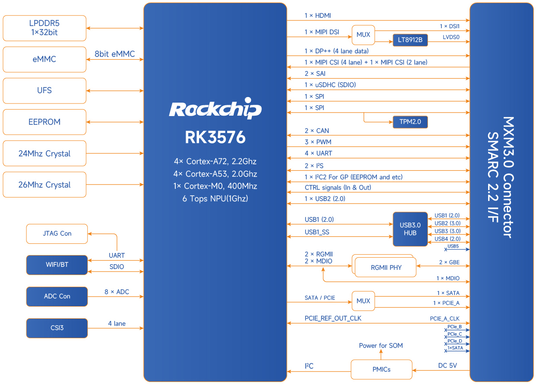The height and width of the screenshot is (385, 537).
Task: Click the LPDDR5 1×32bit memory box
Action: coord(44,28)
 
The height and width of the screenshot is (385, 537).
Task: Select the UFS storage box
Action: coord(44,91)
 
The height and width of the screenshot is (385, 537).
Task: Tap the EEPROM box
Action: coord(44,122)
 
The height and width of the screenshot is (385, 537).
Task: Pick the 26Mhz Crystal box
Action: coord(44,184)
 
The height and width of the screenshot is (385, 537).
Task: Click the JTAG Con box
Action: coord(57,233)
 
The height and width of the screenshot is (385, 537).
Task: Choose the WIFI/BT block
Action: coord(57,265)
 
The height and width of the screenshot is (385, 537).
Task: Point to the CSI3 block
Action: coord(57,328)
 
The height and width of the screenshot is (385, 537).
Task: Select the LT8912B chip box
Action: coord(410,40)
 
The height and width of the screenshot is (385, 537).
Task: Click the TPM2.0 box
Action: coord(410,122)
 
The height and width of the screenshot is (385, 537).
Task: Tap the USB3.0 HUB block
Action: coord(410,229)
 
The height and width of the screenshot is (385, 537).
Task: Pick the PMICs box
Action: coord(381,369)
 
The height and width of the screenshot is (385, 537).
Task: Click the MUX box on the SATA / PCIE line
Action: coord(363,301)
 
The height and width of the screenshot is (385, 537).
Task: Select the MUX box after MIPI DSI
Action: coord(363,35)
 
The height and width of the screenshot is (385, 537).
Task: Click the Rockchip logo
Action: coord(215,108)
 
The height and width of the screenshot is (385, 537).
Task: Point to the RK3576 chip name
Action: coord(215,137)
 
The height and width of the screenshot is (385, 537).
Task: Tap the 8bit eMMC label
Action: coord(115,54)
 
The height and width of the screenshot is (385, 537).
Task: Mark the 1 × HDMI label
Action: coord(318,16)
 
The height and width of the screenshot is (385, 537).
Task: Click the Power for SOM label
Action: coord(381,346)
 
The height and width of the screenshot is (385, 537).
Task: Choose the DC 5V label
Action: coord(447,366)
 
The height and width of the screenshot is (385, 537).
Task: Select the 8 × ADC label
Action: coord(117,292)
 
